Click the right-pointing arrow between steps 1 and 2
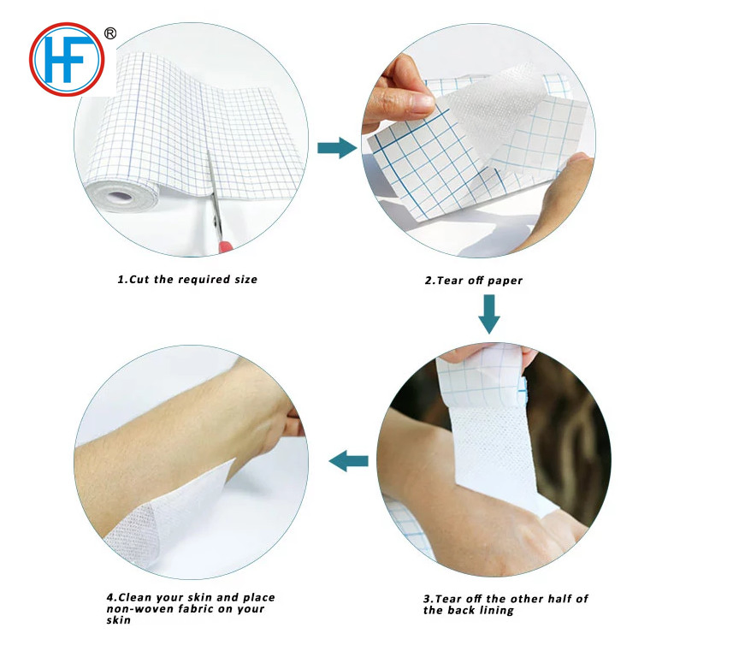click(x=336, y=148)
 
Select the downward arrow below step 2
click(x=488, y=314)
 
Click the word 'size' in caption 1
click(x=241, y=280)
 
